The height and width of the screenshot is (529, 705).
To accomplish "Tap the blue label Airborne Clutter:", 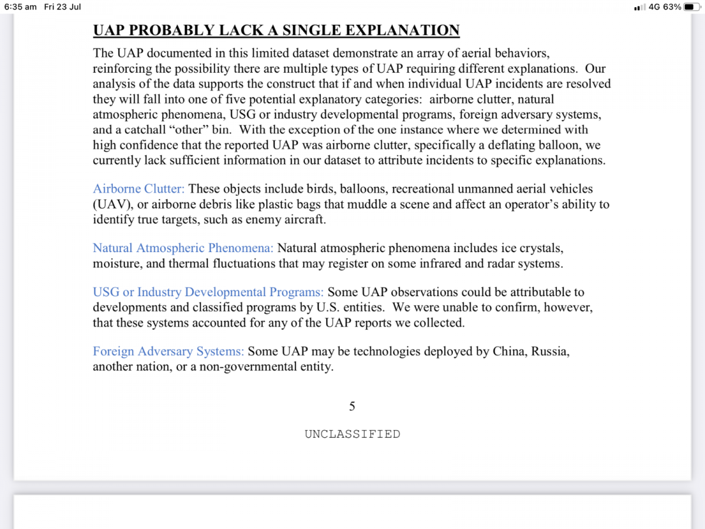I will click(x=139, y=189).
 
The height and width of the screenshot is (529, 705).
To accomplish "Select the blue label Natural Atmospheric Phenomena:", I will click(x=183, y=248).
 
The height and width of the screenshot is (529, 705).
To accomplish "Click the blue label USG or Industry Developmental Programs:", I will click(x=208, y=292).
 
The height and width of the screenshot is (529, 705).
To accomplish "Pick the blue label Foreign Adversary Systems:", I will click(x=168, y=351).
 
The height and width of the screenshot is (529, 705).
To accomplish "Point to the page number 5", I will click(x=352, y=406).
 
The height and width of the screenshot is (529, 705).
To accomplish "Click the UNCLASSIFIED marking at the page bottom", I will click(x=352, y=434).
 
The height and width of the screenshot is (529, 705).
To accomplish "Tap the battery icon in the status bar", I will click(x=692, y=7).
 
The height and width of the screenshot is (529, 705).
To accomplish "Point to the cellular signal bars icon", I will click(x=639, y=8).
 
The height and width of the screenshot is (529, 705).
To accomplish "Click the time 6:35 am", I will click(x=21, y=7).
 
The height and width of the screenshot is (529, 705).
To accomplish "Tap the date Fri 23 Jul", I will click(x=63, y=7).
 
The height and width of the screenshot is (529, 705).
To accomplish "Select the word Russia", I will click(x=550, y=351).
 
